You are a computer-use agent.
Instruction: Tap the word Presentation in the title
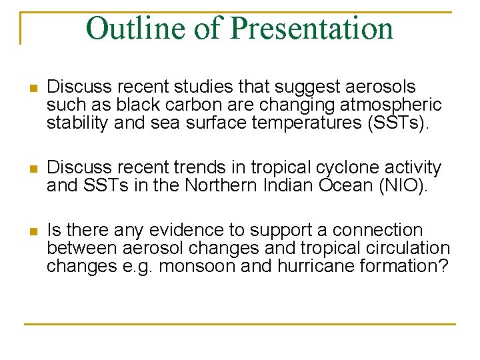point(311,29)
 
